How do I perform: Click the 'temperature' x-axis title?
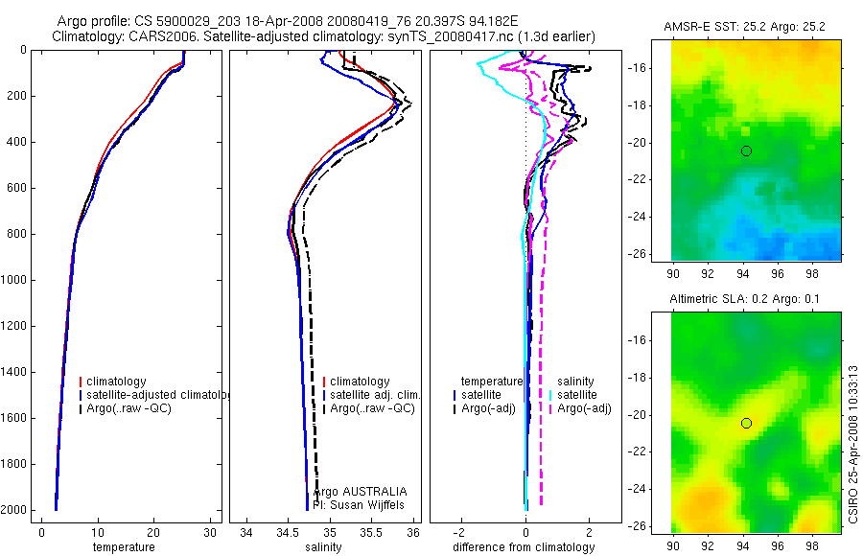pyautogui.click(x=123, y=547)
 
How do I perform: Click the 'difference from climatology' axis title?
pyautogui.click(x=525, y=547)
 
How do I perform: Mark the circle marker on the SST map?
pyautogui.click(x=746, y=151)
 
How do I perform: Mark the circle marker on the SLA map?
pyautogui.click(x=746, y=424)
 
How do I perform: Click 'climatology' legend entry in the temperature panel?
pyautogui.click(x=116, y=382)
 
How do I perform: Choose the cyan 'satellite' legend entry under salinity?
pyautogui.click(x=577, y=395)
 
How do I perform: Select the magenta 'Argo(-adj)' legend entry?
pyautogui.click(x=584, y=409)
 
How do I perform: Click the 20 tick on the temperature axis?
pyautogui.click(x=153, y=532)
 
